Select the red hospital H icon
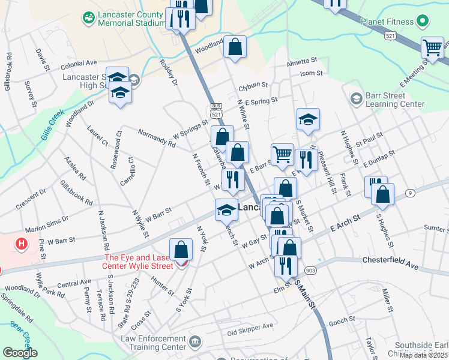(x=22, y=244)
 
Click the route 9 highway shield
(x=409, y=193)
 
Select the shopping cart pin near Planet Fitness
(x=432, y=48)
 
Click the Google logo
(x=20, y=353)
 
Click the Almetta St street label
(x=301, y=61)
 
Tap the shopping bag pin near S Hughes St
(x=382, y=194)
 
